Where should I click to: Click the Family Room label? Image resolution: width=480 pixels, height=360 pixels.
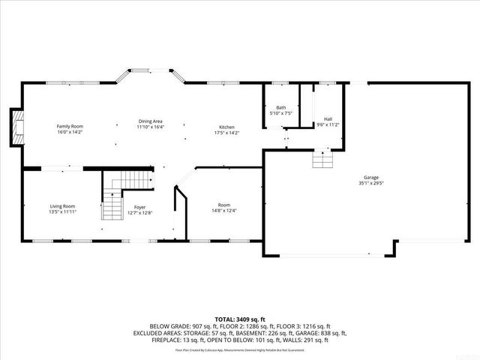point(70,126)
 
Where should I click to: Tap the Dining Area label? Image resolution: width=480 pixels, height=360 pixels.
point(150,121)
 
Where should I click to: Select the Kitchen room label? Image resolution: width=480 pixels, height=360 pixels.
point(226,126)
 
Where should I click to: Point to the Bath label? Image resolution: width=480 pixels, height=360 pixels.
point(280,108)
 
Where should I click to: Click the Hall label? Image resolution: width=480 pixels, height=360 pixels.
point(328,118)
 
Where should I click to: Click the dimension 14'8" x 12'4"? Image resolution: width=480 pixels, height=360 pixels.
point(224,211)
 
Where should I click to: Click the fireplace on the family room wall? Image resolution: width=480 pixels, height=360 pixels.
point(16,127)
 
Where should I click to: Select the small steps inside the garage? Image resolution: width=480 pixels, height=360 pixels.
point(322,160)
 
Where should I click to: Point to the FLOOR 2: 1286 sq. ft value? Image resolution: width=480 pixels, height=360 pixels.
point(235,326)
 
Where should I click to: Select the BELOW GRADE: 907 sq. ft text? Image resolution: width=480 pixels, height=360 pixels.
point(178,326)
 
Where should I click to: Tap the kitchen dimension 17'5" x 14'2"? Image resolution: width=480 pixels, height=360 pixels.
point(226,132)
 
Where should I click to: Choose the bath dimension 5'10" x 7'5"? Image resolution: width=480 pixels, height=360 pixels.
point(280,114)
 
